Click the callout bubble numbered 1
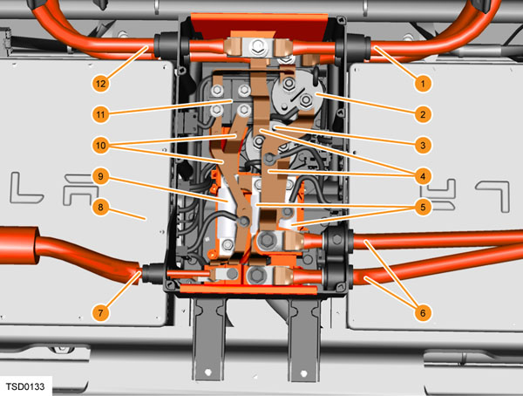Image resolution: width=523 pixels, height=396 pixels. (423, 84)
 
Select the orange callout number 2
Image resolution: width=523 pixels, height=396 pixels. (423, 114)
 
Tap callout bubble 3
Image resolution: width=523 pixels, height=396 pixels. (423, 146)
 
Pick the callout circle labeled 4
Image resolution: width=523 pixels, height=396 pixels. (423, 176)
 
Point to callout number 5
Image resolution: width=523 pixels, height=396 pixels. (423, 208)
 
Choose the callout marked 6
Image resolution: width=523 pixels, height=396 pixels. (423, 313)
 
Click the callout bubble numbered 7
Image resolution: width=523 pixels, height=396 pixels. (101, 313)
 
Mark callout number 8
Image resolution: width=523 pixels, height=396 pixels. (101, 208)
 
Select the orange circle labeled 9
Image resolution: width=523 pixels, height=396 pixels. (101, 176)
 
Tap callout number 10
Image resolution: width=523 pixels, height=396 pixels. (101, 146)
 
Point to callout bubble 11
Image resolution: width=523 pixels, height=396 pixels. (101, 114)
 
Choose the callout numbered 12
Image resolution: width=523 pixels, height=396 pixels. (101, 84)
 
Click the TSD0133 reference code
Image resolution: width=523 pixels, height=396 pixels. (25, 386)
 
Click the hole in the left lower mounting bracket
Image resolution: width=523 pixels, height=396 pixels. (208, 372)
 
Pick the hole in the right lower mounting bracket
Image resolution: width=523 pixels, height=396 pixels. (304, 372)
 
